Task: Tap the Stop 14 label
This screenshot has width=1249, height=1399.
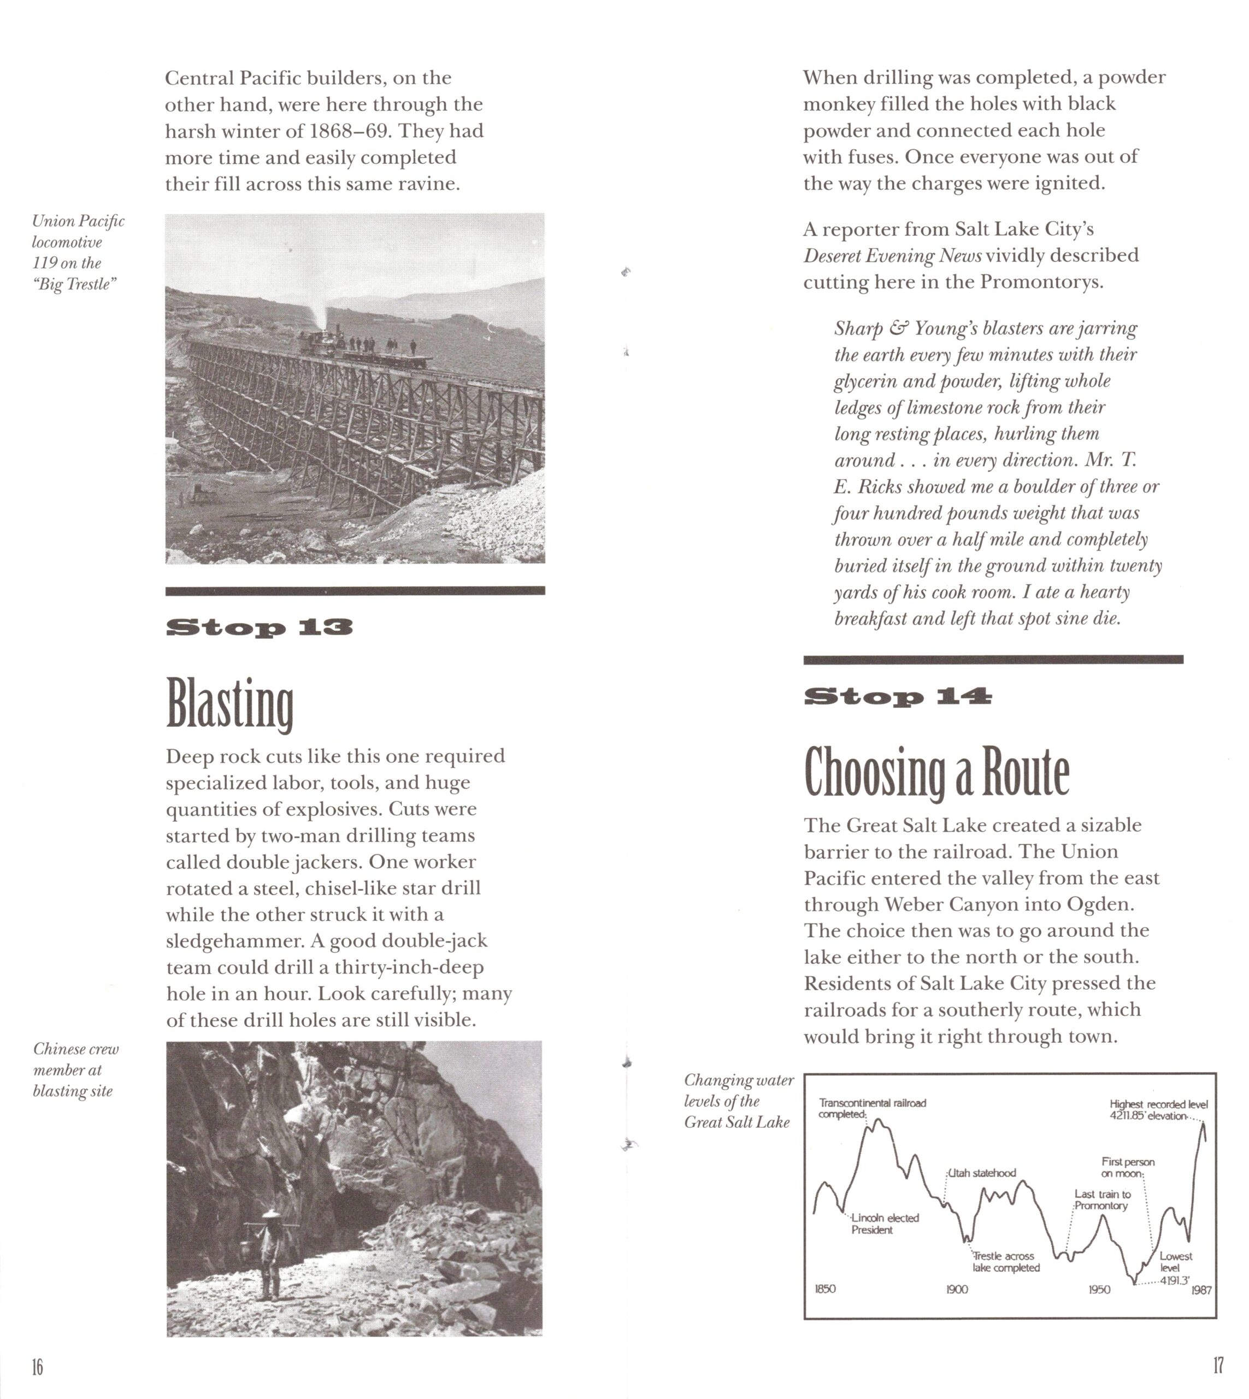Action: point(898,697)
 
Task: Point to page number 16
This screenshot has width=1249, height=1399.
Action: point(37,1366)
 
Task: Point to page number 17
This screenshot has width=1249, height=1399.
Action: point(1217,1365)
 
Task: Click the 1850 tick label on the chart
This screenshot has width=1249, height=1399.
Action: point(825,1289)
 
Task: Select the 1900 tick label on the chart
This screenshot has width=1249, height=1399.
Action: point(957,1289)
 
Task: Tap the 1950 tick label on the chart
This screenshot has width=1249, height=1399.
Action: point(1099,1289)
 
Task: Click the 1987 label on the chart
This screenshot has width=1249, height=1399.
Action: point(1201,1290)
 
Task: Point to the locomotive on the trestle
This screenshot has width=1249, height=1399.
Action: point(316,343)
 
